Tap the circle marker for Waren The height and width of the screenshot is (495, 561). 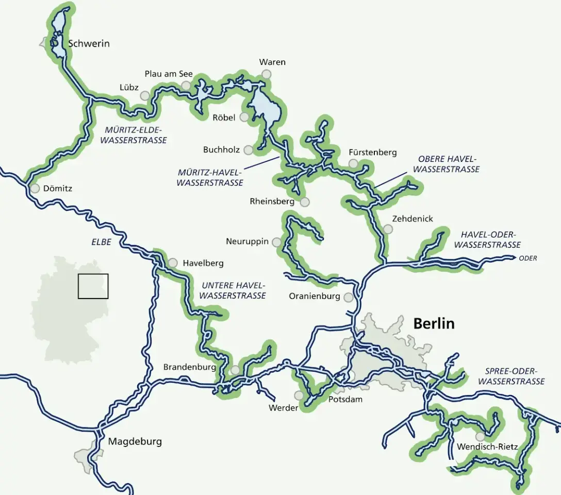[266, 74]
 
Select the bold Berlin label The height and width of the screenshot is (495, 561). [434, 323]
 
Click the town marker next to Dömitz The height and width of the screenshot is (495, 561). [35, 189]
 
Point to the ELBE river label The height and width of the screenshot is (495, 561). [101, 241]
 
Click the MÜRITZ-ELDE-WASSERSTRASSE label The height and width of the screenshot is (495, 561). [133, 135]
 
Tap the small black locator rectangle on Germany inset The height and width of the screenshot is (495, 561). [93, 286]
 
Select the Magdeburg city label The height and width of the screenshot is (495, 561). [135, 441]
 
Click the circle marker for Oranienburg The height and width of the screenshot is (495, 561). [349, 297]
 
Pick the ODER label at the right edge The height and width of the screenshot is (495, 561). [527, 258]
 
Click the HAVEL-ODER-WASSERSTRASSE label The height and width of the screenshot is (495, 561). [487, 240]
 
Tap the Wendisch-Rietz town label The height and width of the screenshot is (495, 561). [487, 447]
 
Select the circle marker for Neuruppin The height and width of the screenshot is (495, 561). [277, 242]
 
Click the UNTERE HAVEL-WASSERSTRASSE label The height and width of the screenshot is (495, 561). [233, 290]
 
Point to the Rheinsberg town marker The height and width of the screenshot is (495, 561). [305, 202]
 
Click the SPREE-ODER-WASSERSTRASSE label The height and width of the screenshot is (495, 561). [511, 376]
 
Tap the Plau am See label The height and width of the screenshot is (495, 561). [168, 74]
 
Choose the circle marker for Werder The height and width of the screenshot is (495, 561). [299, 395]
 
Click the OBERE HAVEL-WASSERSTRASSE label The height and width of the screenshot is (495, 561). [447, 164]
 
